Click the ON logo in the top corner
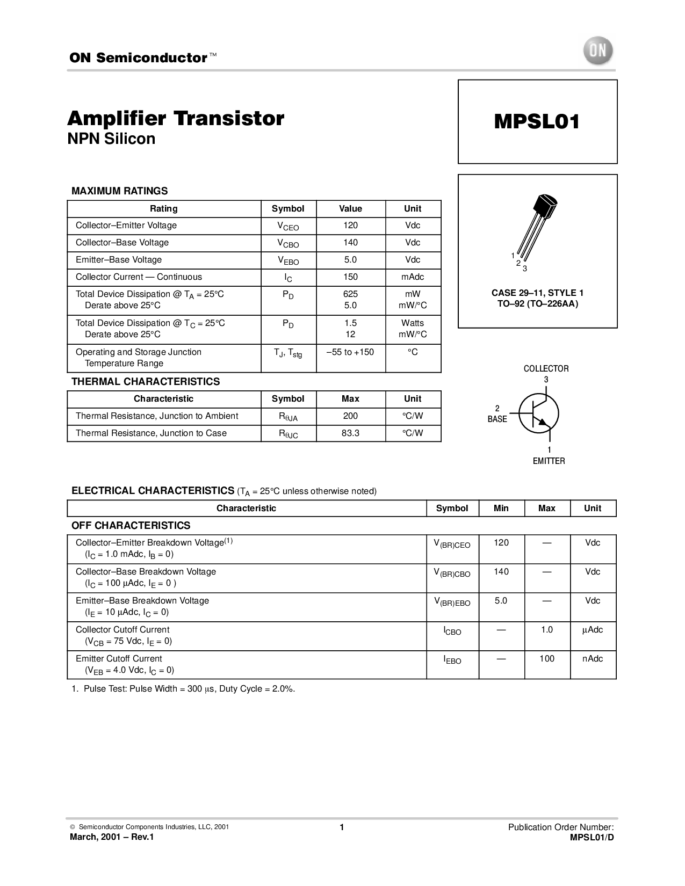coord(597,50)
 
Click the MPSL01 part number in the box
coord(537,121)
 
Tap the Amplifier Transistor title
coord(176,119)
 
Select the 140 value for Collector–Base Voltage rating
coord(350,243)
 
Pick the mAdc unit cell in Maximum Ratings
coord(413,277)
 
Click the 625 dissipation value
coord(350,294)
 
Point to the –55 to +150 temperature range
coord(350,352)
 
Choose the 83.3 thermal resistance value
coord(350,433)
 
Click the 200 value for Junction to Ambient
coord(350,416)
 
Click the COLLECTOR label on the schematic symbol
coord(546,368)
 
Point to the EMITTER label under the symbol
coord(549,461)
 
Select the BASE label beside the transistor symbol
coord(497,419)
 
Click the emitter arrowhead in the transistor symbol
coord(544,423)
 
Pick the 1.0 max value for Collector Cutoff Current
coord(547,630)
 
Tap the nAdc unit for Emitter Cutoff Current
coord(593,659)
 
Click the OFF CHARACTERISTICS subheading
coord(131,526)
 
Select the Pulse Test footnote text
coord(183,689)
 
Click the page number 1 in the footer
coord(342,827)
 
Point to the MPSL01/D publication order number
coord(592,837)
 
